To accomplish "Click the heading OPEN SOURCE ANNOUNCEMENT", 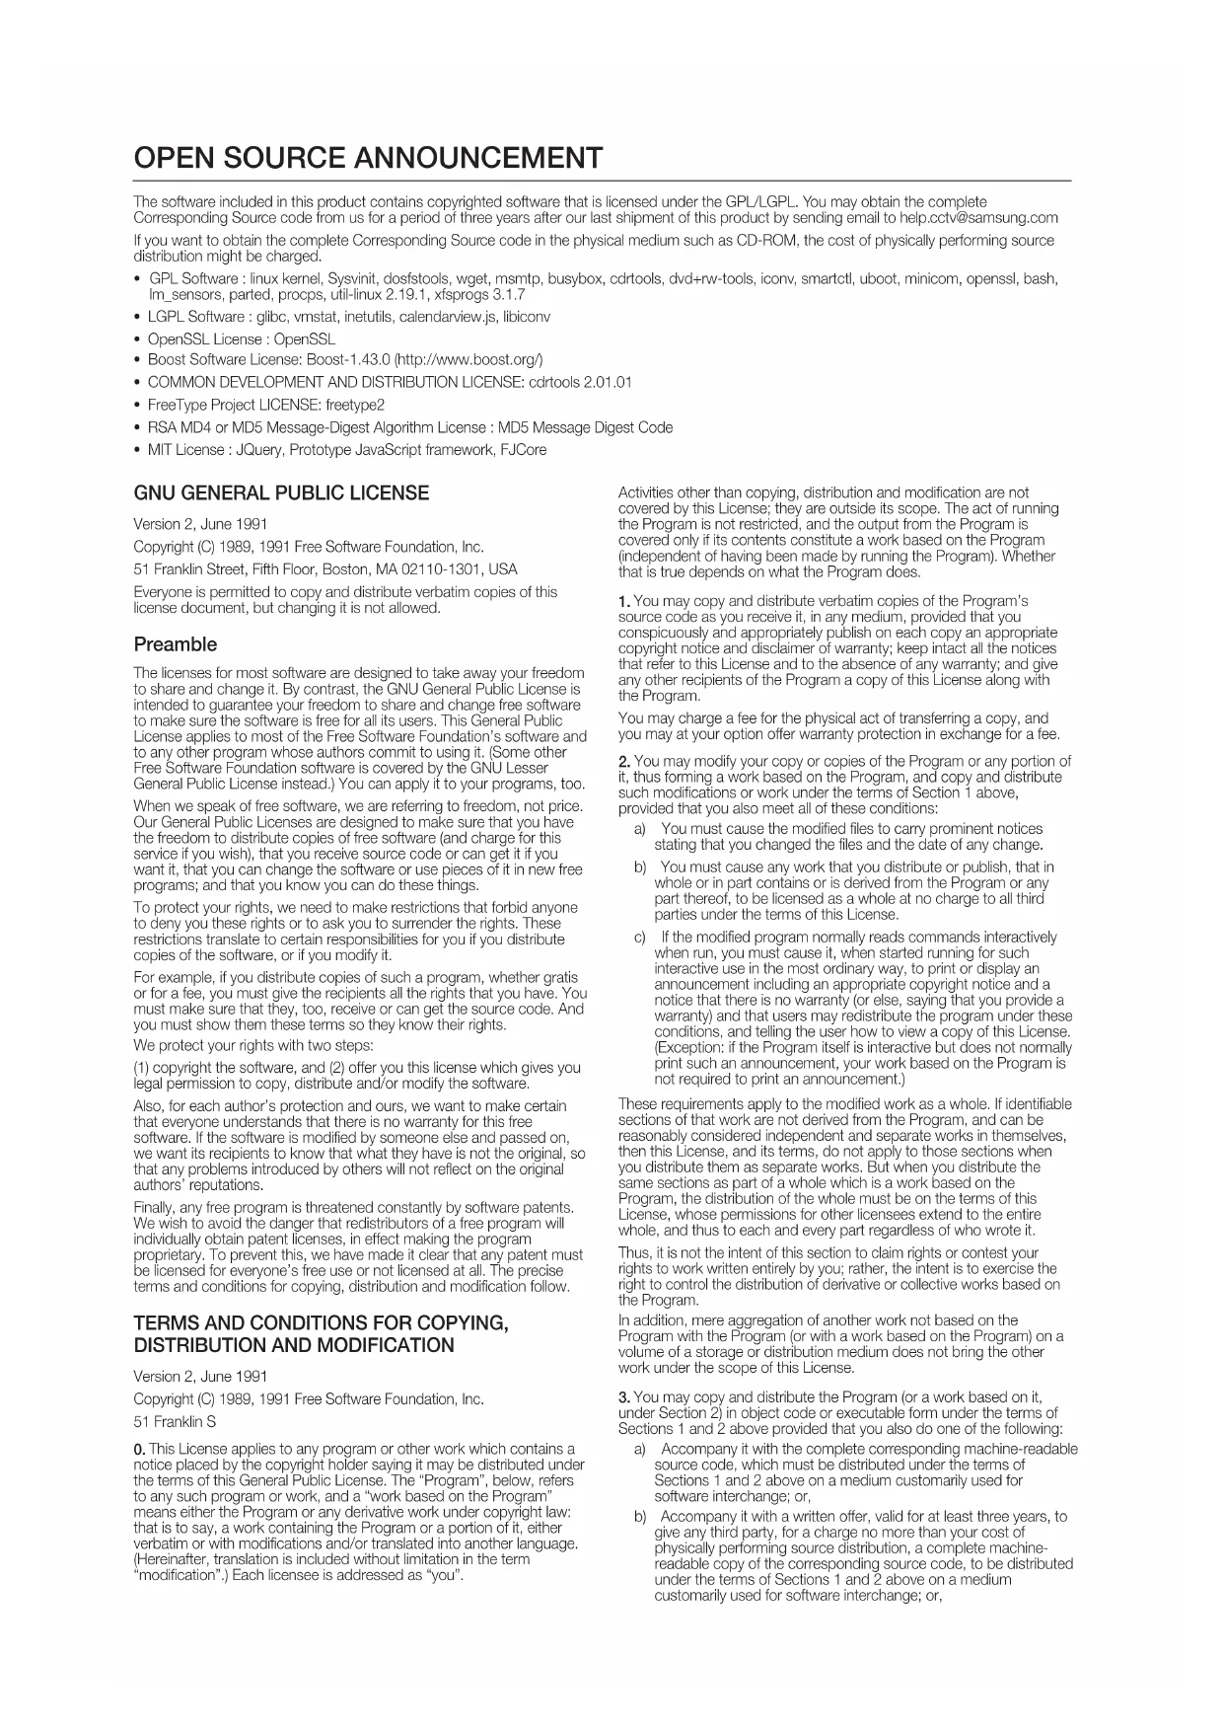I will (x=367, y=157).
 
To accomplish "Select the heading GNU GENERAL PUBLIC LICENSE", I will (x=281, y=493).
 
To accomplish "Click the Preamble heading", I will (x=175, y=644).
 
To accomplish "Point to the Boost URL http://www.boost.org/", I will (x=470, y=359).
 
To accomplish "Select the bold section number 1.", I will (x=623, y=601).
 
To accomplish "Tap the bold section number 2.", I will (x=623, y=761).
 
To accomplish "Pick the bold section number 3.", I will (x=623, y=1396).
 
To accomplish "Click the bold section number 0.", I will (x=139, y=1449).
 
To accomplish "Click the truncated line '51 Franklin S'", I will (x=175, y=1422).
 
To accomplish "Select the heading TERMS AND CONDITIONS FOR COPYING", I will (x=321, y=1323).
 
